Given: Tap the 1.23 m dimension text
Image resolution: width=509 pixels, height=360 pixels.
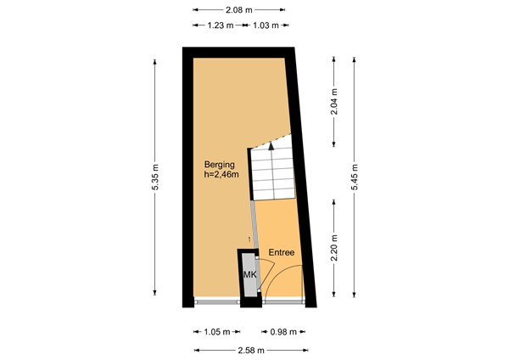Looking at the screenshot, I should (x=219, y=25).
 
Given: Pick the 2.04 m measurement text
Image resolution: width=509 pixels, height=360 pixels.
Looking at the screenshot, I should (x=334, y=103).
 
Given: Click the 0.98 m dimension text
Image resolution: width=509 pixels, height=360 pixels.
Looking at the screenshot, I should (x=283, y=332).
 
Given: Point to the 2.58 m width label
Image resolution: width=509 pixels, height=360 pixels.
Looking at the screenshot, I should (x=250, y=349).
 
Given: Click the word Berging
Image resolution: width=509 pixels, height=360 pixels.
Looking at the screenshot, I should (x=219, y=165).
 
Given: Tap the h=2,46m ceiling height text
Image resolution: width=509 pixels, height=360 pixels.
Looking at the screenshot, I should (x=221, y=176).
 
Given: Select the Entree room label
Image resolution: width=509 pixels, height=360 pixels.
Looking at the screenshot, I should (x=282, y=253).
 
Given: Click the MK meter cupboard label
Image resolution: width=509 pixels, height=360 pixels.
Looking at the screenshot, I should (x=249, y=276).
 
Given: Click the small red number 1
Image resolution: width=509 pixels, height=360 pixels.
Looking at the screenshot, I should (x=249, y=239).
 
